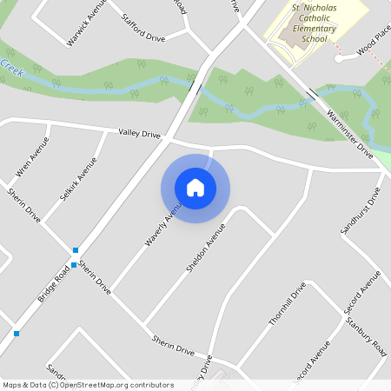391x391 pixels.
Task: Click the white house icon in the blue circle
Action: coord(195,188)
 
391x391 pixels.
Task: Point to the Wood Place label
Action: coord(374,45)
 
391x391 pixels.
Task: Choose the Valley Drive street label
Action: coord(140,135)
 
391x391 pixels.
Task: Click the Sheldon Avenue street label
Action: coord(205,249)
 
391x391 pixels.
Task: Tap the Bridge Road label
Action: coord(54,285)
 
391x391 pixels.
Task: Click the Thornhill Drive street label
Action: coord(288,304)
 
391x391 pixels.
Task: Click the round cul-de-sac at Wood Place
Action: coord(340,59)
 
